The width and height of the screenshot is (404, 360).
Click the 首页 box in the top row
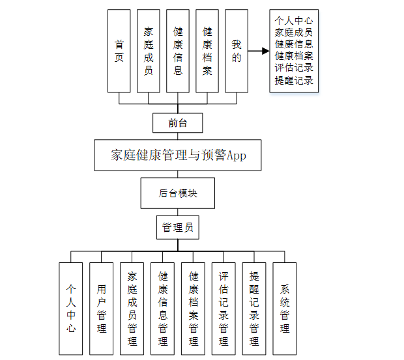119,51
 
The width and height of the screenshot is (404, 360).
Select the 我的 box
237,51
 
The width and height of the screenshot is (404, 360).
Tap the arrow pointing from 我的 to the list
258,51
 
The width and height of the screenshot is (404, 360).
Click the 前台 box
177,122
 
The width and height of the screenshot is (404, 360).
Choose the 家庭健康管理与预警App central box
177,156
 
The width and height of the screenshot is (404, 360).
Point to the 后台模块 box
177,193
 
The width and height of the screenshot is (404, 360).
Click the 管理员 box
177,228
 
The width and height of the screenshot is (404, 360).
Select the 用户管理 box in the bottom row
102,309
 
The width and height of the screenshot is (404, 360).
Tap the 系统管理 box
285,309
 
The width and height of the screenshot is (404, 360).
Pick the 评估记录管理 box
224,309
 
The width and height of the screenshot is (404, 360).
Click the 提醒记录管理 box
254,309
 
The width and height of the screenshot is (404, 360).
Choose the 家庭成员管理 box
132,309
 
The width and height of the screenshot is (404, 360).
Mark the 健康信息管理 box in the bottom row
163,309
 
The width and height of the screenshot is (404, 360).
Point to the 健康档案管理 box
194,309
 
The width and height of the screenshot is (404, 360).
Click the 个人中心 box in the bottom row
71,309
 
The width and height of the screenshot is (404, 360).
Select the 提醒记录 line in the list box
294,81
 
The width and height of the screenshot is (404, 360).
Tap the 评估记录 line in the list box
294,68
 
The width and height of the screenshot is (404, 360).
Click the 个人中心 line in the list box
294,20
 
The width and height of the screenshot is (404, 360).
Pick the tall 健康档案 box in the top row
207,51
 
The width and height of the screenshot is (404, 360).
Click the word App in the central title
235,156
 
